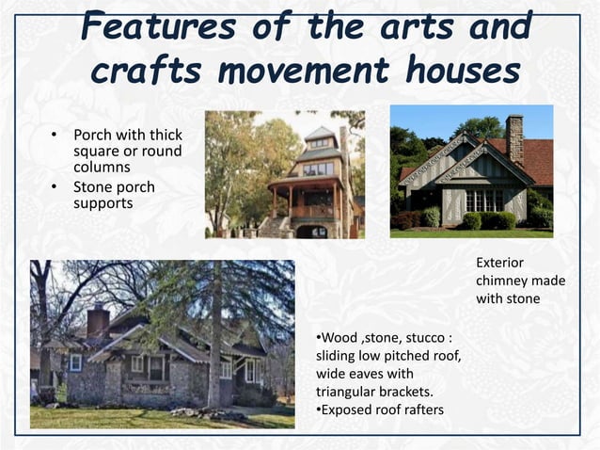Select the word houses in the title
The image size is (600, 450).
pyautogui.click(x=465, y=71)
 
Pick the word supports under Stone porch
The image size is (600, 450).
pyautogui.click(x=103, y=202)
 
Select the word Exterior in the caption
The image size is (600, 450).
pyautogui.click(x=499, y=263)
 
